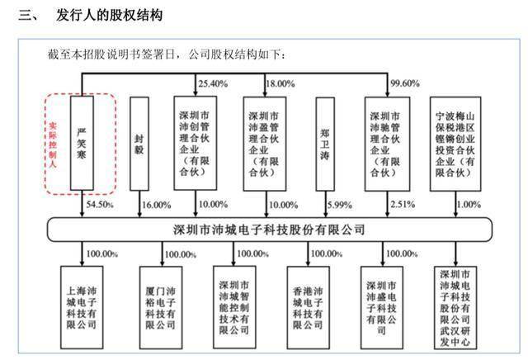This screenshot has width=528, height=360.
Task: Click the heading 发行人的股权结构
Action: tap(109, 15)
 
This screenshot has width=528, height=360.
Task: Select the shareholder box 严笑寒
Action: tap(82, 143)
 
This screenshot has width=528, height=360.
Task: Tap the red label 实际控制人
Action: tap(53, 144)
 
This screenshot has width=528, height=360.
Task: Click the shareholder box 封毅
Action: tap(139, 144)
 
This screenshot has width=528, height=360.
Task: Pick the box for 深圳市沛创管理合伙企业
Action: tap(196, 144)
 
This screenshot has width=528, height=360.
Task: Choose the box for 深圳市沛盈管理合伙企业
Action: tap(265, 144)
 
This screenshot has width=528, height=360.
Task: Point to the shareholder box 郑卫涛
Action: tap(325, 144)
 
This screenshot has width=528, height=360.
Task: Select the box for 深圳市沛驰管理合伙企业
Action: tap(387, 144)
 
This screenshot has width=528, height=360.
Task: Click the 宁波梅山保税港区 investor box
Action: tap(455, 144)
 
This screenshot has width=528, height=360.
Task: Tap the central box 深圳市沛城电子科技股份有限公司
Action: tap(270, 230)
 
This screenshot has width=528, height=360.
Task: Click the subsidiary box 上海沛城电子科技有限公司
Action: tap(82, 307)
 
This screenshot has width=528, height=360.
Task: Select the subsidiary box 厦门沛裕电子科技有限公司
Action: tap(161, 307)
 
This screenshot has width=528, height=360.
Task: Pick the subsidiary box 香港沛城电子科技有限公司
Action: tap(308, 307)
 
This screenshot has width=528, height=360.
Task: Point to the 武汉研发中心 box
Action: tap(455, 307)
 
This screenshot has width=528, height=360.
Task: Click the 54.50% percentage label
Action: tap(100, 204)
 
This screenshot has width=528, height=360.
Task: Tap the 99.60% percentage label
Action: tap(405, 83)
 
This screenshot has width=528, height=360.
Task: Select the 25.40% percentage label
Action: tap(213, 83)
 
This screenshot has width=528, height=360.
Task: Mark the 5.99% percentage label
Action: tap(340, 205)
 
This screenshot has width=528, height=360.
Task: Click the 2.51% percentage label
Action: tap(403, 204)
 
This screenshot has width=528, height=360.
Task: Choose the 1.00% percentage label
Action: tap(469, 204)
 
